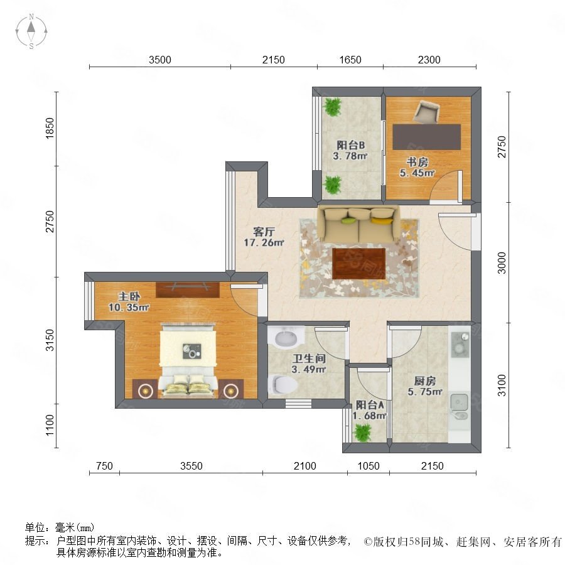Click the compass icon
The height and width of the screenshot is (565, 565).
(31, 31)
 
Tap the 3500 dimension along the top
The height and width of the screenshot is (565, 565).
(160, 60)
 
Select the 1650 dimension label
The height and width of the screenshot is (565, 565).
(350, 60)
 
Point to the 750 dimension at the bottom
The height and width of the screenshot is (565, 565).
(104, 466)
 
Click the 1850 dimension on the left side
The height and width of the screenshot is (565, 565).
(50, 128)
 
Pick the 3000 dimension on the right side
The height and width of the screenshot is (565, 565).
(502, 263)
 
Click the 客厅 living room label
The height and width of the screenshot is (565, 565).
(264, 231)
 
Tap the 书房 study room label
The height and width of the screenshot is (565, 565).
(417, 162)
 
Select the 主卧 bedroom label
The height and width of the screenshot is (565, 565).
(129, 296)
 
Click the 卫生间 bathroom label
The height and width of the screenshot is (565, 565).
(309, 358)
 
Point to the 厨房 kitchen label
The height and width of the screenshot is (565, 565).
(425, 381)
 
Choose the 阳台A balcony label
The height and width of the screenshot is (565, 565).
(370, 405)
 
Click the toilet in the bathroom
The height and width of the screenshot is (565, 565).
(283, 384)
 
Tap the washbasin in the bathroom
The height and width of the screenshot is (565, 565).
(286, 337)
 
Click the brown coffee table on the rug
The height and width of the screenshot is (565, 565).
(358, 264)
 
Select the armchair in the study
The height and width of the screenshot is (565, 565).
(427, 111)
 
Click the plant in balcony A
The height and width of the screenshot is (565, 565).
(362, 433)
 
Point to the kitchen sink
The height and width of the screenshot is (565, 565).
(459, 406)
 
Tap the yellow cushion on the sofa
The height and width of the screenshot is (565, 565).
(381, 220)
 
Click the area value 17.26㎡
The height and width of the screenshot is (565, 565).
(264, 242)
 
